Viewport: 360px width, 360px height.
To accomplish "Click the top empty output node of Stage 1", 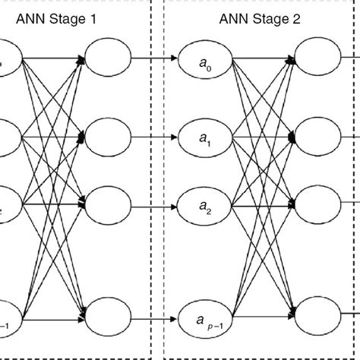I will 108,57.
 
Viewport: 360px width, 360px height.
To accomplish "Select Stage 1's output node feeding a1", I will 108,137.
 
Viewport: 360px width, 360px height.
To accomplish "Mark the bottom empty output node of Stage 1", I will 108,314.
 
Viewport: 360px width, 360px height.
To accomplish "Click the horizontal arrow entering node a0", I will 155,57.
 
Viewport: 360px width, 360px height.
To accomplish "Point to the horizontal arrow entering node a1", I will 155,137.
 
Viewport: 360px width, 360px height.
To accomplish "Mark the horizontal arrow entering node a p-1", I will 155,314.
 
